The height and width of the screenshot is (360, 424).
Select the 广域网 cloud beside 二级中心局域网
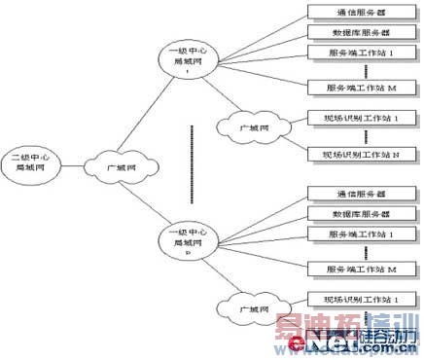point(114,166)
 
